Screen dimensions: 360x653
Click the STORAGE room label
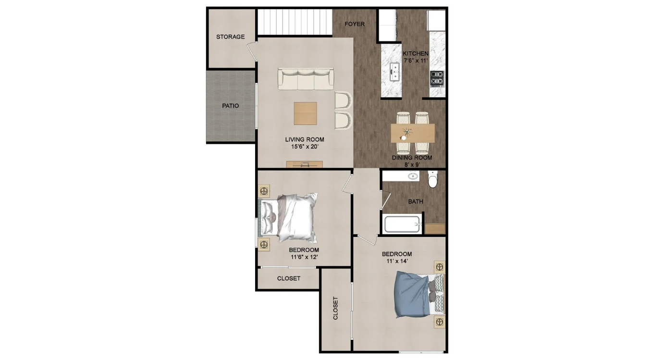coord(230,37)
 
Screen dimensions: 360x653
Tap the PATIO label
coord(230,106)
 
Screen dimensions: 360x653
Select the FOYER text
coord(355,24)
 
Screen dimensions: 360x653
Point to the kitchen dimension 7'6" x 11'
coord(416,61)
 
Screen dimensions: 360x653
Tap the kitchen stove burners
coord(437,77)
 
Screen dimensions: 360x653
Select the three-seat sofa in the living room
coord(306,79)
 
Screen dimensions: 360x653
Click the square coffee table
coord(306,113)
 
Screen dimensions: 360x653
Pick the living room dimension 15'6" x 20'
coord(305,147)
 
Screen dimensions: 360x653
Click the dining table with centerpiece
coord(413,133)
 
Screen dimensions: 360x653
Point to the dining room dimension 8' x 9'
coord(412,165)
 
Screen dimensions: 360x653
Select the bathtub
coord(403,224)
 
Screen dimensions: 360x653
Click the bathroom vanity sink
coord(412,176)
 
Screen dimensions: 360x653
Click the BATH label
coord(416,201)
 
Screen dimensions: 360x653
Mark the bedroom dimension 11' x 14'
coord(396,261)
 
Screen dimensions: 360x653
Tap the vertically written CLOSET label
coord(335,309)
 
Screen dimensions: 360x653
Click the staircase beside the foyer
coord(295,22)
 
